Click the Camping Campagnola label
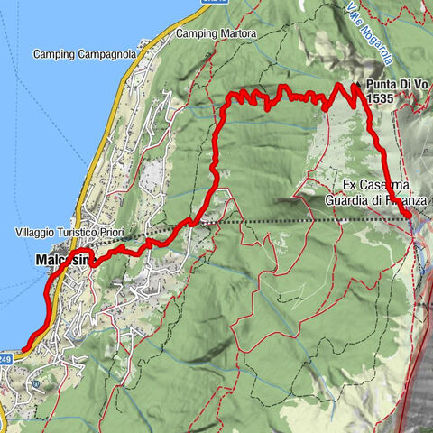[x=85, y=54]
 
